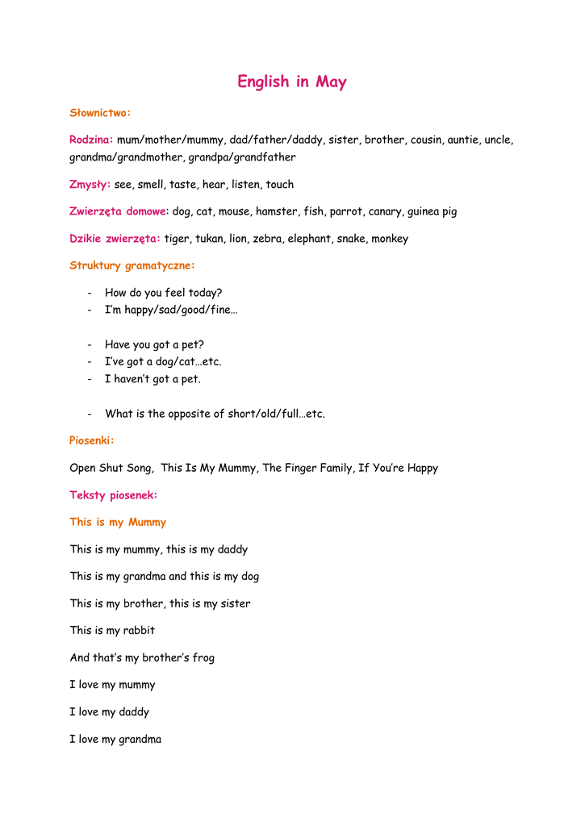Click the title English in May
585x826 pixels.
click(292, 82)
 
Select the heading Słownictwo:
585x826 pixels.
click(100, 113)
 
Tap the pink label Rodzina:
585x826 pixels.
click(91, 140)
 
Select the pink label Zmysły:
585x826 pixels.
click(90, 185)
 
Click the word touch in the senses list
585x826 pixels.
click(280, 185)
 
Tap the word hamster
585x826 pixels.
click(277, 211)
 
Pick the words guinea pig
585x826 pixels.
click(432, 211)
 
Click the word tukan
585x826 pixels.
click(209, 239)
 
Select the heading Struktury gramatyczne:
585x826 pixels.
click(132, 265)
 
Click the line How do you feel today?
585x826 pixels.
click(163, 293)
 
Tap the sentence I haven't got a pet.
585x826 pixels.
click(153, 379)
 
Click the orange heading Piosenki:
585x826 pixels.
click(92, 440)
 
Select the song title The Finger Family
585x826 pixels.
click(307, 468)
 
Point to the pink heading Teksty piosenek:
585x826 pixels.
click(114, 495)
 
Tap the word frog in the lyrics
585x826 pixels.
click(203, 658)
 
